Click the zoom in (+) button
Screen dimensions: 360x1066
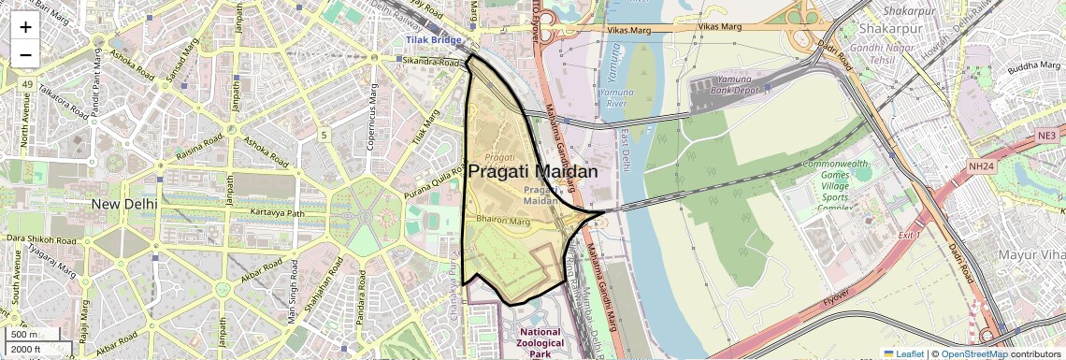pos(25,26)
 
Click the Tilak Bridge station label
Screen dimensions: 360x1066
pos(435,41)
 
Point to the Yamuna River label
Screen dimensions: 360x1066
pos(615,98)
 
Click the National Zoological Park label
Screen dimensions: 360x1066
pos(540,343)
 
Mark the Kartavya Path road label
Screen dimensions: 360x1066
pos(278,213)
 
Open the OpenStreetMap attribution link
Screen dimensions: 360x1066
pos(973,353)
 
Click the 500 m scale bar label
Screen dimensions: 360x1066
pos(25,335)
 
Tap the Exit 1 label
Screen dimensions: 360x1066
pos(910,235)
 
